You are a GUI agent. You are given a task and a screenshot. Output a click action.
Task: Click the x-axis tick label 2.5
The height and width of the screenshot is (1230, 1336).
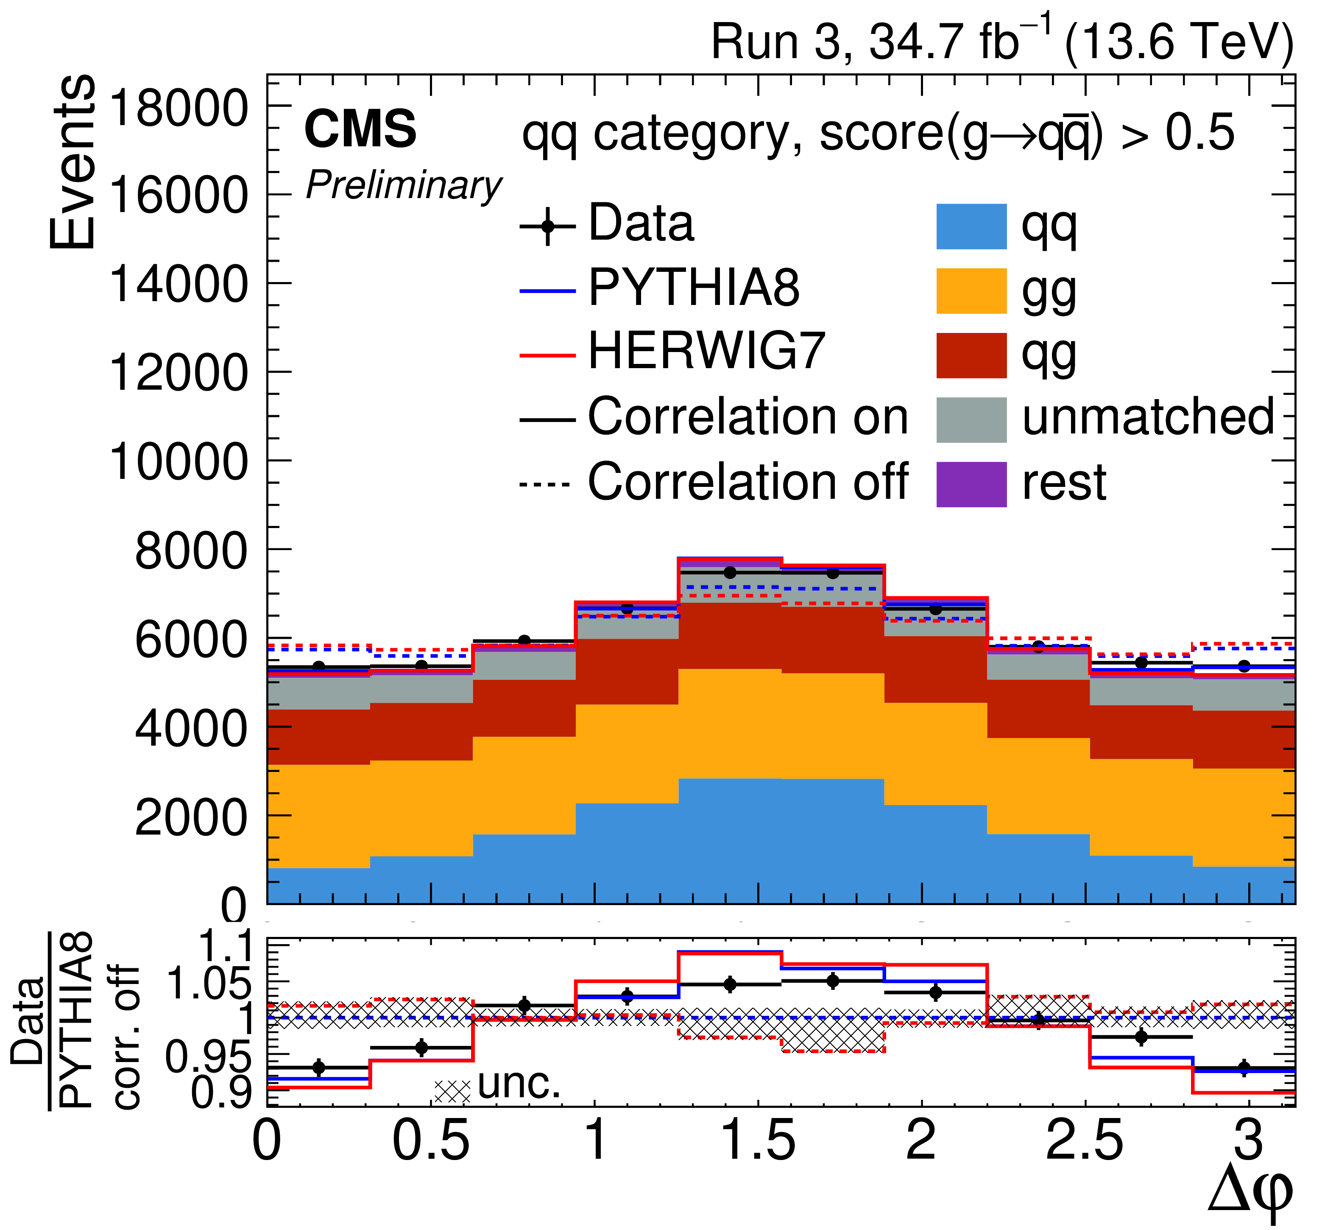coord(1085,1141)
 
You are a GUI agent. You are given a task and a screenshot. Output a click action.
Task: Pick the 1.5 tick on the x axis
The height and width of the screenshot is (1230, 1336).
coord(757,1141)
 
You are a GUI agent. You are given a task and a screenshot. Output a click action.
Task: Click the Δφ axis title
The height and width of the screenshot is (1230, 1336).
coord(1250,1199)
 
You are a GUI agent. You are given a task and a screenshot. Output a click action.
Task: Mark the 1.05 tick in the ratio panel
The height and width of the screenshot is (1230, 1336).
coord(208,982)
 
